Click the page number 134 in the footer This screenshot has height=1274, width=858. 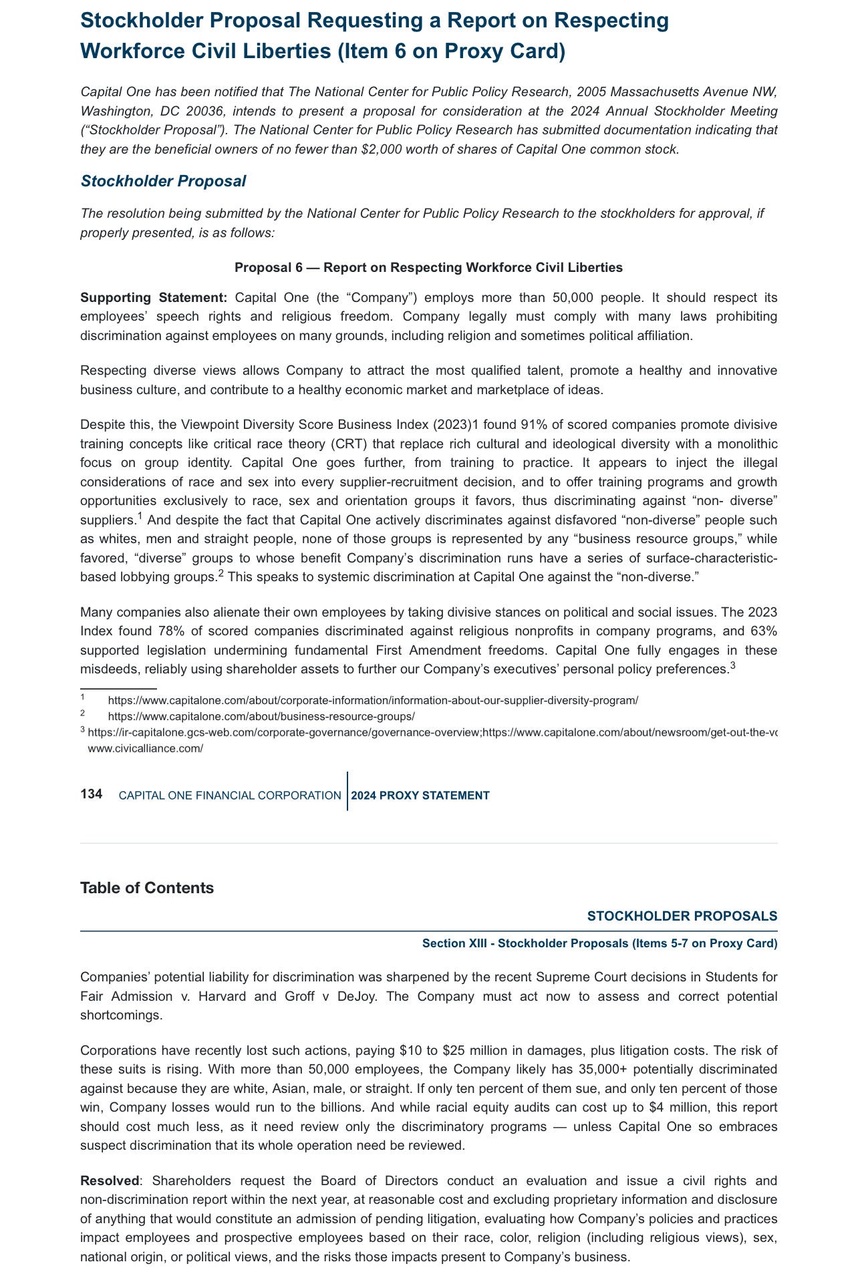(x=91, y=794)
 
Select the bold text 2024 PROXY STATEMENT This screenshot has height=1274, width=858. (x=420, y=795)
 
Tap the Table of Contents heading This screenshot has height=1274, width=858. (x=147, y=888)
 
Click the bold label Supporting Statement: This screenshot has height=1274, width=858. (x=154, y=297)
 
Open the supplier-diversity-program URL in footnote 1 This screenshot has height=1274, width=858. (x=373, y=700)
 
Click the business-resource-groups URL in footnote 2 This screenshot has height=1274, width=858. (x=261, y=716)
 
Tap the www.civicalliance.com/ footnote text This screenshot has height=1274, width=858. (x=146, y=748)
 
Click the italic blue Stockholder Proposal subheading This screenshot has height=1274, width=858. (x=163, y=181)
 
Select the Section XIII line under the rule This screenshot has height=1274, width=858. (x=599, y=943)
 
